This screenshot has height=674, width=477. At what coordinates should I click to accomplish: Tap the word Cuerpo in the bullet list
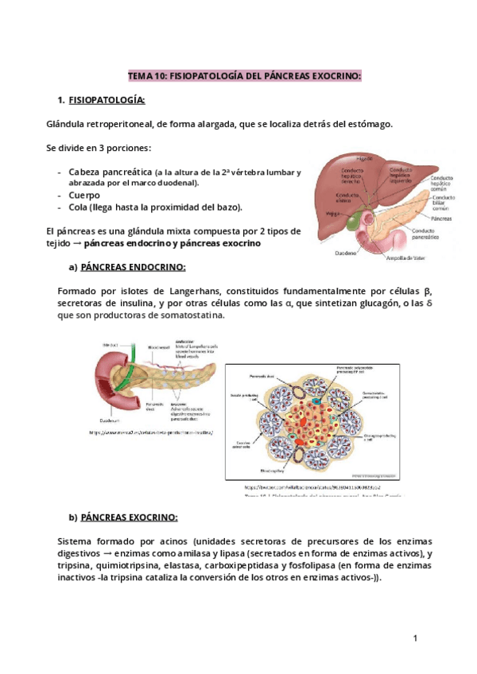[x=85, y=195]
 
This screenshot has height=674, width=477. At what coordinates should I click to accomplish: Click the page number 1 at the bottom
[x=415, y=638]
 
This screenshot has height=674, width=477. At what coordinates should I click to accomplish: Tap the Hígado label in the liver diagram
[x=364, y=157]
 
